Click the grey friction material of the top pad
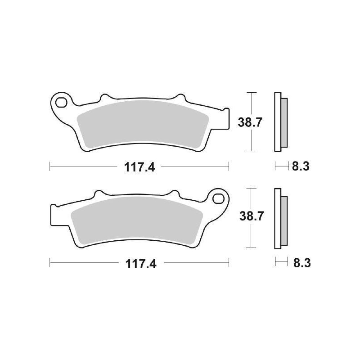pyautogui.click(x=142, y=124)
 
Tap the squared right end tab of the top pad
pyautogui.click(x=224, y=115)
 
